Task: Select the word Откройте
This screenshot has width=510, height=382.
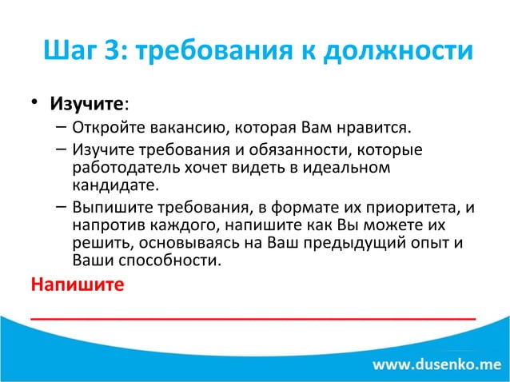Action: tap(105, 128)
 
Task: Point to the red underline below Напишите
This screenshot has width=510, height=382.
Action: tap(253, 318)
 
